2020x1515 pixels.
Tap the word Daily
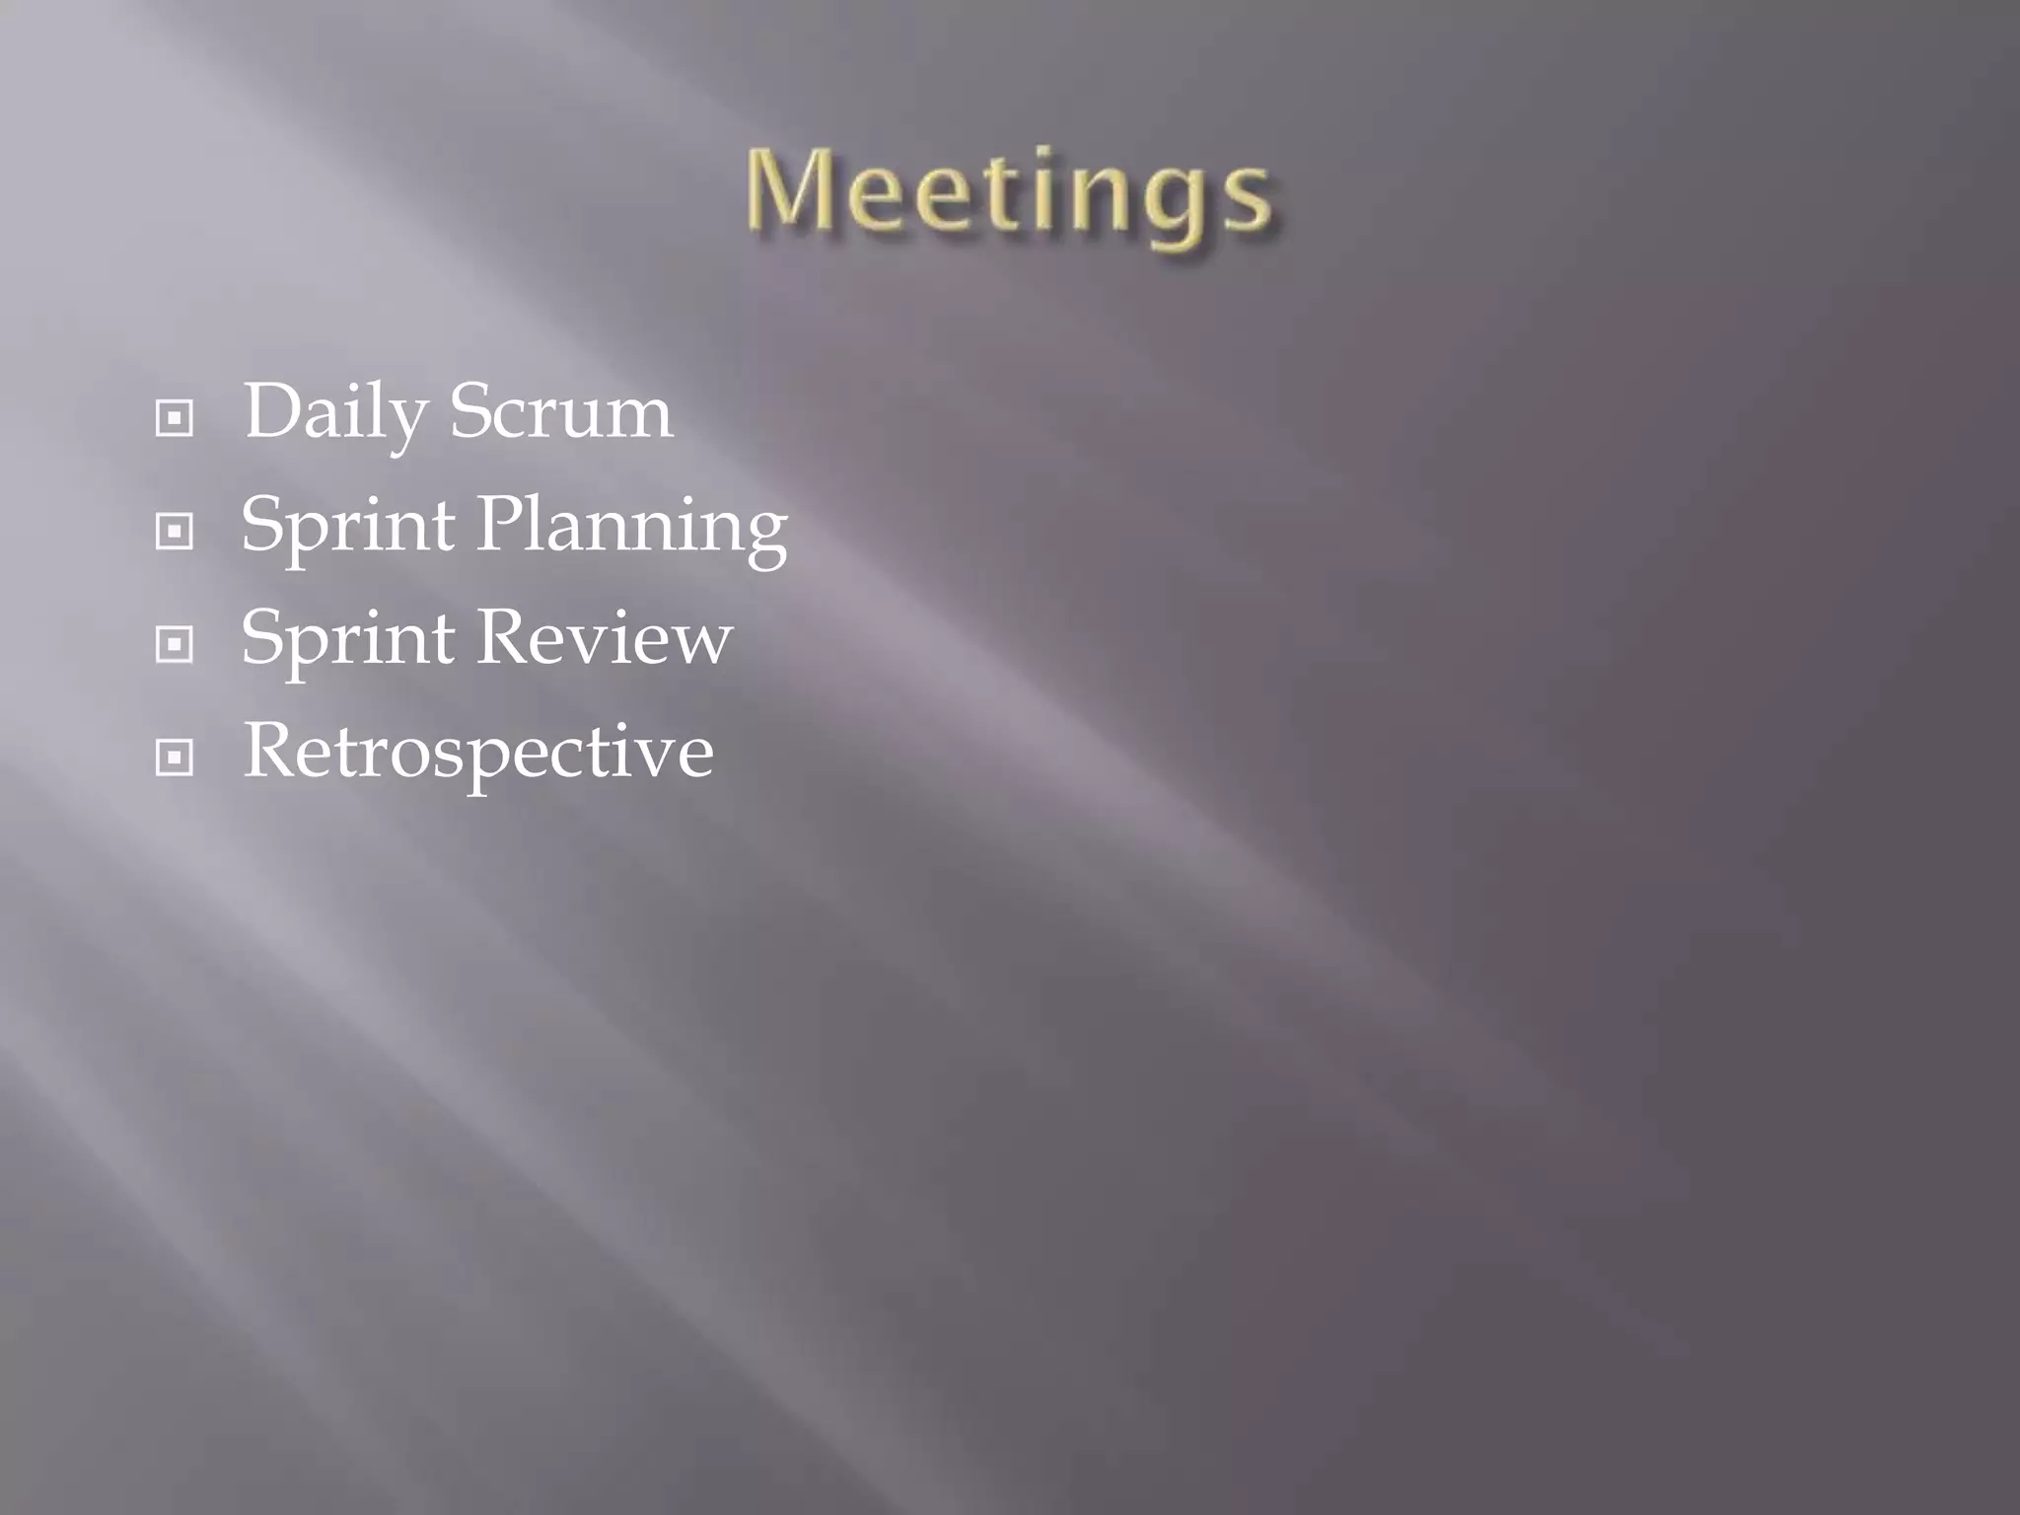333,412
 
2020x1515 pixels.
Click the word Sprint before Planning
347,526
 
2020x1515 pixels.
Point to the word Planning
631,526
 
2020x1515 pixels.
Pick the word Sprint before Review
347,639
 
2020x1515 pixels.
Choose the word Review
605,637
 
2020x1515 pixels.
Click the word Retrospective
477,752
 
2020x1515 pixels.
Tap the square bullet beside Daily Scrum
175,418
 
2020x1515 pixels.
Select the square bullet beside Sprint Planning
175,532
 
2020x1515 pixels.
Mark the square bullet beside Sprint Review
175,645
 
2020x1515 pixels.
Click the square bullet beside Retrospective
175,758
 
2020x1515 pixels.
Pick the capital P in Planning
502,524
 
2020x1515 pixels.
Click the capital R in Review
507,637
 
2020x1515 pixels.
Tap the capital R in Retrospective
273,751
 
